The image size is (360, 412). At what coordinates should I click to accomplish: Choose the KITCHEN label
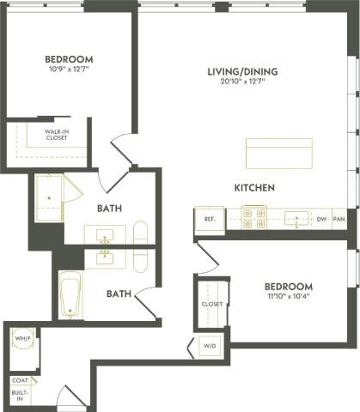[x=254, y=187]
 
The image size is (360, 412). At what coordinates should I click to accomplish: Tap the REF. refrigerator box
[x=209, y=220]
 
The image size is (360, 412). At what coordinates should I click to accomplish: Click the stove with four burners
[x=253, y=219]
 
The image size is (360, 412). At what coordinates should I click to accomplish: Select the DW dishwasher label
[x=321, y=220]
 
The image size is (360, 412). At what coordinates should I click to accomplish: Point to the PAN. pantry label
[x=339, y=220]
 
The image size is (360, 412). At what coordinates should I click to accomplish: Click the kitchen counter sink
[x=296, y=219]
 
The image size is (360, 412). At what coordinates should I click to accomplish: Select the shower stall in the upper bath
[x=51, y=198]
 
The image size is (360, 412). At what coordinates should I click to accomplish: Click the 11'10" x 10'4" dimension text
[x=288, y=297]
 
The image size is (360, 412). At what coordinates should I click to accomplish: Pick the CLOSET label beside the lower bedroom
[x=212, y=304]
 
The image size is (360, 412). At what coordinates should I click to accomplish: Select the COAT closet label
[x=20, y=380]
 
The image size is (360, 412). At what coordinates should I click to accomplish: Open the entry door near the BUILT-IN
[x=70, y=399]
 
